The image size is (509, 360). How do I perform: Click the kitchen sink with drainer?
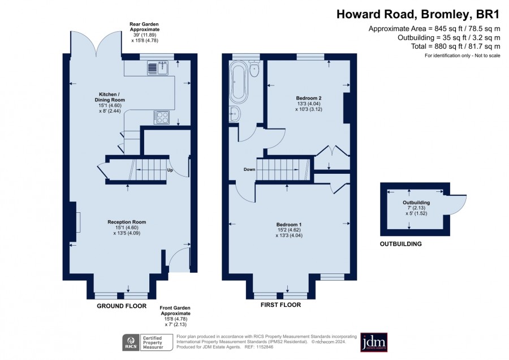pyautogui.click(x=158, y=68)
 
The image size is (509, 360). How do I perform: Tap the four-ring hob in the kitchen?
pyautogui.click(x=162, y=117)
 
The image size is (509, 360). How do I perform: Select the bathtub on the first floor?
pyautogui.click(x=239, y=82)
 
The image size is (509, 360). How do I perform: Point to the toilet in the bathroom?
pyautogui.click(x=254, y=68)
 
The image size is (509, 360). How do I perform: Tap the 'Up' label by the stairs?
pyautogui.click(x=170, y=170)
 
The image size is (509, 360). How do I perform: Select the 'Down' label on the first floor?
pyautogui.click(x=249, y=169)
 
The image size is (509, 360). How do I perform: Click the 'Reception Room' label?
pyautogui.click(x=127, y=222)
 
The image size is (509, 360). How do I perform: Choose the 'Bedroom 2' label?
pyautogui.click(x=309, y=98)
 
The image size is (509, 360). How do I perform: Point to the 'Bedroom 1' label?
pyautogui.click(x=289, y=225)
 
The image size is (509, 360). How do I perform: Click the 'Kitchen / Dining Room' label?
pyautogui.click(x=110, y=97)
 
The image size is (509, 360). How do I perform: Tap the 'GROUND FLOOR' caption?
pyautogui.click(x=122, y=306)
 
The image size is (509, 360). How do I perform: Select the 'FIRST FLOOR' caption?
pyautogui.click(x=281, y=305)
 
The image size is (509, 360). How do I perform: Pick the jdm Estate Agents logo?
pyautogui.click(x=374, y=342)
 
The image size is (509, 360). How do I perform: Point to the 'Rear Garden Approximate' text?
pyautogui.click(x=144, y=27)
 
